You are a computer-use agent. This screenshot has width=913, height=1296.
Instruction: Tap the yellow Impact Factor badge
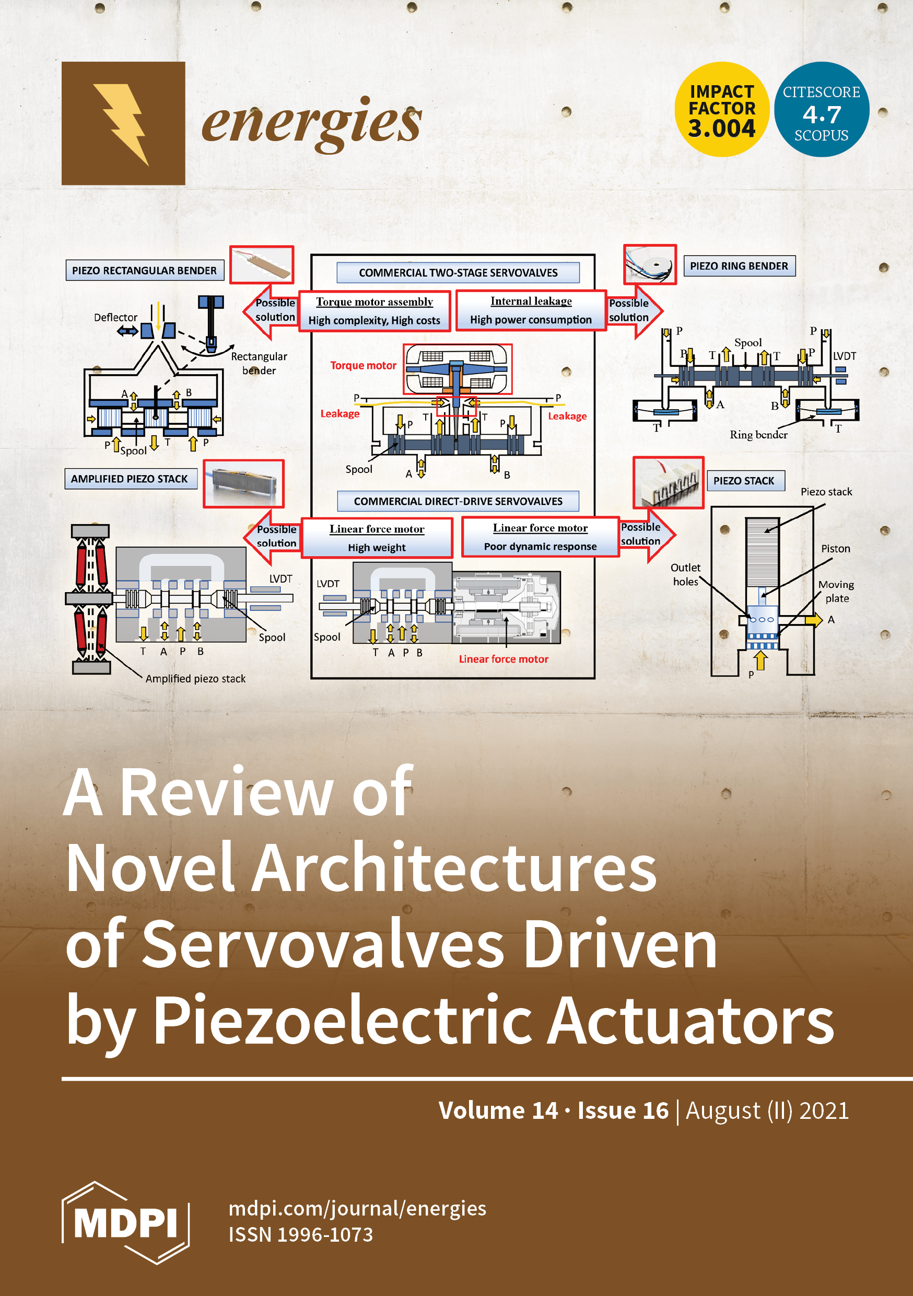[722, 110]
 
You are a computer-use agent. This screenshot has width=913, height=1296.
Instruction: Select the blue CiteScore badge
[821, 110]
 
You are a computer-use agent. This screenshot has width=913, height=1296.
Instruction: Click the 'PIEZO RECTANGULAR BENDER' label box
[145, 270]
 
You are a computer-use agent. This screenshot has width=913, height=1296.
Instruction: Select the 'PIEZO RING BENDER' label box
[739, 266]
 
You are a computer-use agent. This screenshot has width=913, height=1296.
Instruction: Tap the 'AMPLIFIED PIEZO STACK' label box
[130, 479]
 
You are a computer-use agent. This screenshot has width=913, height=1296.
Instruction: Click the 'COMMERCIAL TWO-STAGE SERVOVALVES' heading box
[458, 273]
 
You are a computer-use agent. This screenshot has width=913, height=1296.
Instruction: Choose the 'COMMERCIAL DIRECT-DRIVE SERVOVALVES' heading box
[458, 501]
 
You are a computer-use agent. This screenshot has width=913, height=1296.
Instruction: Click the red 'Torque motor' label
[364, 365]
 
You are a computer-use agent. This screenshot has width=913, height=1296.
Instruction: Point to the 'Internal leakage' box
[531, 310]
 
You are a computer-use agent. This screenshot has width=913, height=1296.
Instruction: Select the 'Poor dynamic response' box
[540, 537]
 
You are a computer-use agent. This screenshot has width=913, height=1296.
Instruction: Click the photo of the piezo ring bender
[649, 265]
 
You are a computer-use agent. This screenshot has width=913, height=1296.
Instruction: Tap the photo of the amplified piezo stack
[243, 484]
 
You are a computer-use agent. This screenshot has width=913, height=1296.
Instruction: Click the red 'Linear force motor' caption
[504, 659]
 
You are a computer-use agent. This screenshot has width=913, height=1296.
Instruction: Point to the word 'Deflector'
[115, 317]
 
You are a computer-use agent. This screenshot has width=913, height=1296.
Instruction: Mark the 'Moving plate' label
[836, 591]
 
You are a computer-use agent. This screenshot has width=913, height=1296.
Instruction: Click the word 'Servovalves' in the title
[323, 944]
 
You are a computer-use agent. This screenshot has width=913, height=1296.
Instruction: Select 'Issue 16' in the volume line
[623, 1110]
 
